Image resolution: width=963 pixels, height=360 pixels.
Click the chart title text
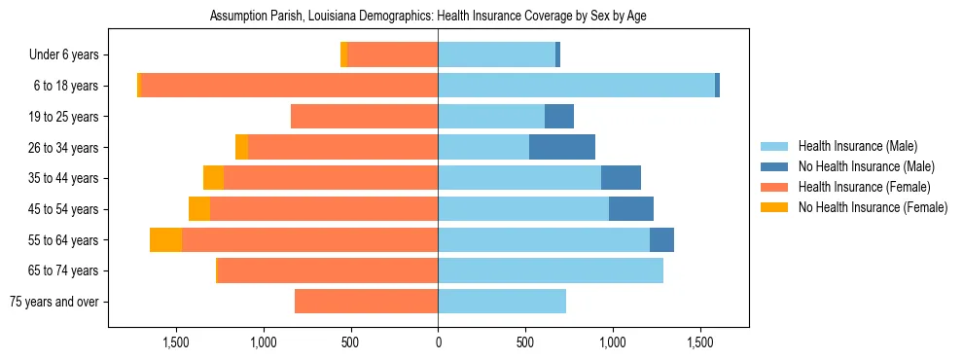428,16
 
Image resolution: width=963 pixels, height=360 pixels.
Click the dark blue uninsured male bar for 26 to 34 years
562,147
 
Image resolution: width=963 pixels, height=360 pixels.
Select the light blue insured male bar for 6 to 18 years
576,86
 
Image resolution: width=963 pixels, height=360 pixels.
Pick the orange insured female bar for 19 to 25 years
364,117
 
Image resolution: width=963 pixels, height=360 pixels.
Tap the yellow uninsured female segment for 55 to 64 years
165,240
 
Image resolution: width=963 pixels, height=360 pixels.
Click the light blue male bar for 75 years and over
502,302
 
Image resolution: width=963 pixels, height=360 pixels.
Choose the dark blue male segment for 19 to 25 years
559,117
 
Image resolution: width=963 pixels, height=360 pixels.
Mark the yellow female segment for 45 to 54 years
199,209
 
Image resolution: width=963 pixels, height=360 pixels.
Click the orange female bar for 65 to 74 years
328,270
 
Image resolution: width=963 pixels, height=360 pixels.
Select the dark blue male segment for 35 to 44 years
621,178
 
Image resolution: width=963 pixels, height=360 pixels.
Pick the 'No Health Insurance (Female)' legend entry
873,207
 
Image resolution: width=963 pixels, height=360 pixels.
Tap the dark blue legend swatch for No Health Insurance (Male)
775,166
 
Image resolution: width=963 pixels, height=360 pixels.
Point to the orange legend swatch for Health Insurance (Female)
775,187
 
